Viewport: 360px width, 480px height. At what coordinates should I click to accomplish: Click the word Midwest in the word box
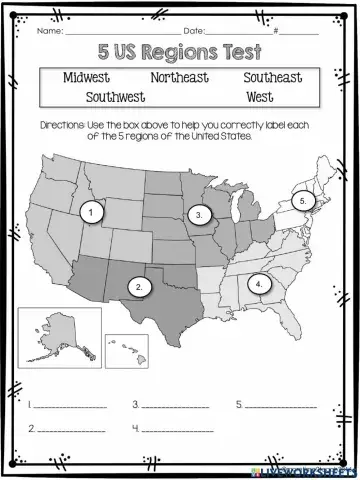(x=88, y=76)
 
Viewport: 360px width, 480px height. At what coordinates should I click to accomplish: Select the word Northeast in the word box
(x=180, y=76)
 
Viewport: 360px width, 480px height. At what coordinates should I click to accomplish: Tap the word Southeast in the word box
(x=272, y=76)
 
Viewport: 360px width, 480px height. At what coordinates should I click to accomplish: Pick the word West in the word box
(x=258, y=97)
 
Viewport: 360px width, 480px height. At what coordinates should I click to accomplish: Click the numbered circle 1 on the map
(x=91, y=212)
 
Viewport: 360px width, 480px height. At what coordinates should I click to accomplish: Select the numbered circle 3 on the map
(x=200, y=214)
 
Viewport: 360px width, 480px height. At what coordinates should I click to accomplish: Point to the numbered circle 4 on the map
(x=259, y=284)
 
